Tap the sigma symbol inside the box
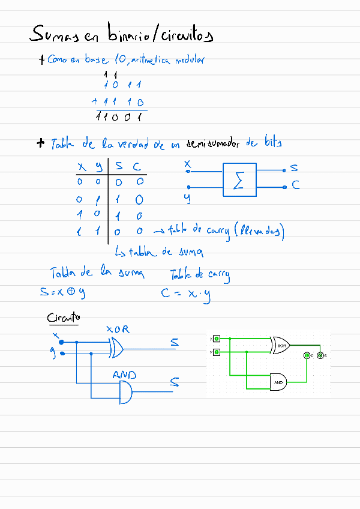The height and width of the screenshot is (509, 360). pos(239,181)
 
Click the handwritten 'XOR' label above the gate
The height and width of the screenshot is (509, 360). pos(118,330)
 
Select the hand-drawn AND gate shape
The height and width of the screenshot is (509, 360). pos(127,393)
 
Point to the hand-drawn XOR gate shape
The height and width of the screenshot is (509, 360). pos(116,347)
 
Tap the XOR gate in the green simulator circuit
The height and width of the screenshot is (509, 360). pos(281,345)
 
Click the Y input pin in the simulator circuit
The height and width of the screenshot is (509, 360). pos(217,352)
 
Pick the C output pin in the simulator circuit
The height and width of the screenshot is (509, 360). pos(307,356)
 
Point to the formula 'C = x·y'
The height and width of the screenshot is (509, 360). pos(186,295)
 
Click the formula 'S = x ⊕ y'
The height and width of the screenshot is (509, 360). pos(59,293)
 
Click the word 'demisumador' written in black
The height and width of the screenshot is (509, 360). pos(213,143)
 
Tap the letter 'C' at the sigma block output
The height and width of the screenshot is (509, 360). pos(295,186)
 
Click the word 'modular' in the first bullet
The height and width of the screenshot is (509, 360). pos(190,59)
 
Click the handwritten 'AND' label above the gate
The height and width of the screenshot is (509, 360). pos(124,375)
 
